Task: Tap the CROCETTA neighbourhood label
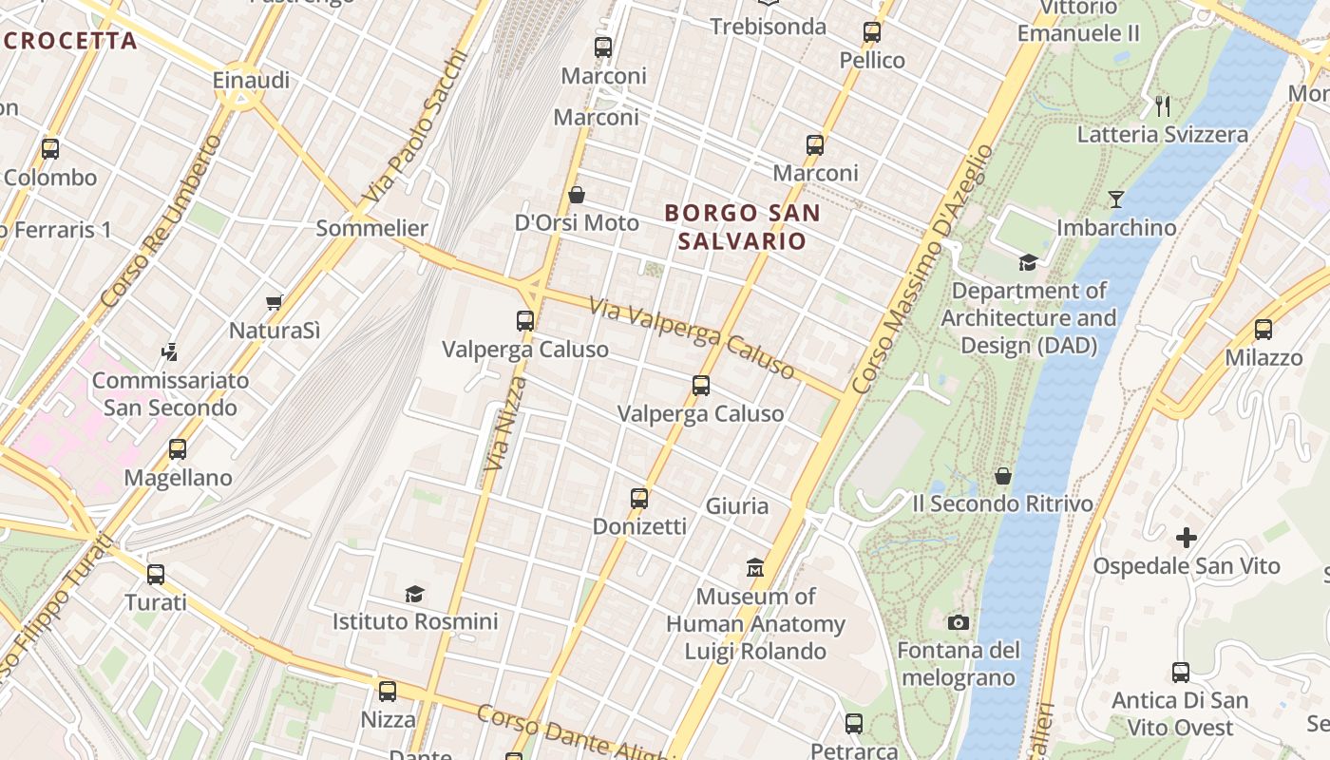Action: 69,41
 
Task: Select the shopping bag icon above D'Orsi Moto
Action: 576,196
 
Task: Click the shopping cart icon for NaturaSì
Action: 275,302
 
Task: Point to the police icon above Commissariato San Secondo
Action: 170,352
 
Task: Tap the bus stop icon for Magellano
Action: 178,449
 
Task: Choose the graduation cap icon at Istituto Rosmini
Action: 414,595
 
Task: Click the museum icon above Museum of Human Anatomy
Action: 755,568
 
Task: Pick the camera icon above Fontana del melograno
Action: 959,623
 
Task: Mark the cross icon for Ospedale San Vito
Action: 1186,538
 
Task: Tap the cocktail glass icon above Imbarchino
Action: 1116,199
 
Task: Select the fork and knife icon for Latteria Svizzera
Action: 1162,105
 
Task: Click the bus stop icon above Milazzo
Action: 1263,330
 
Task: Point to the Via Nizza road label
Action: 505,424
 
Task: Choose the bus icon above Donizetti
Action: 639,498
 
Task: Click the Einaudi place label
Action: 251,81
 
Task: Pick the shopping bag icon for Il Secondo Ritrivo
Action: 1003,475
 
